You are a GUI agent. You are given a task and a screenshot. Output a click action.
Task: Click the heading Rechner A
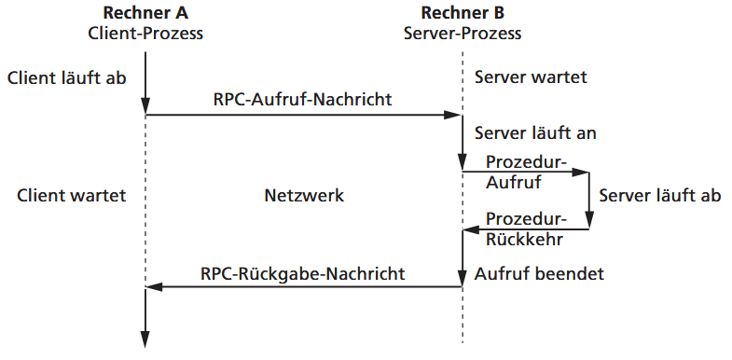[145, 13]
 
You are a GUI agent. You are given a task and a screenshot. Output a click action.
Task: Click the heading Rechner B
[463, 13]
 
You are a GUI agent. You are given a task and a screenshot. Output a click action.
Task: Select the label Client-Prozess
[145, 34]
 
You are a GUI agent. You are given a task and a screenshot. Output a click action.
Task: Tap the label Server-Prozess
[463, 34]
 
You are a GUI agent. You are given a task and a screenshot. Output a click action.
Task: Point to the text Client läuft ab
[66, 77]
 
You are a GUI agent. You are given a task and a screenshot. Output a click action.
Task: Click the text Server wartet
[532, 77]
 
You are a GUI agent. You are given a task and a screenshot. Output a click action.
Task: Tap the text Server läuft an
[535, 133]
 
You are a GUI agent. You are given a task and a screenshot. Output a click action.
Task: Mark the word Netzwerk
[304, 196]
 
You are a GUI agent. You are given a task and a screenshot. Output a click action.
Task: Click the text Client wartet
[71, 196]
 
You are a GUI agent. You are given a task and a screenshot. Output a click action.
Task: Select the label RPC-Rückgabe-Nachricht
[303, 273]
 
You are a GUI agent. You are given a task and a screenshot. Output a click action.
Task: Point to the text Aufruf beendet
[540, 274]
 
